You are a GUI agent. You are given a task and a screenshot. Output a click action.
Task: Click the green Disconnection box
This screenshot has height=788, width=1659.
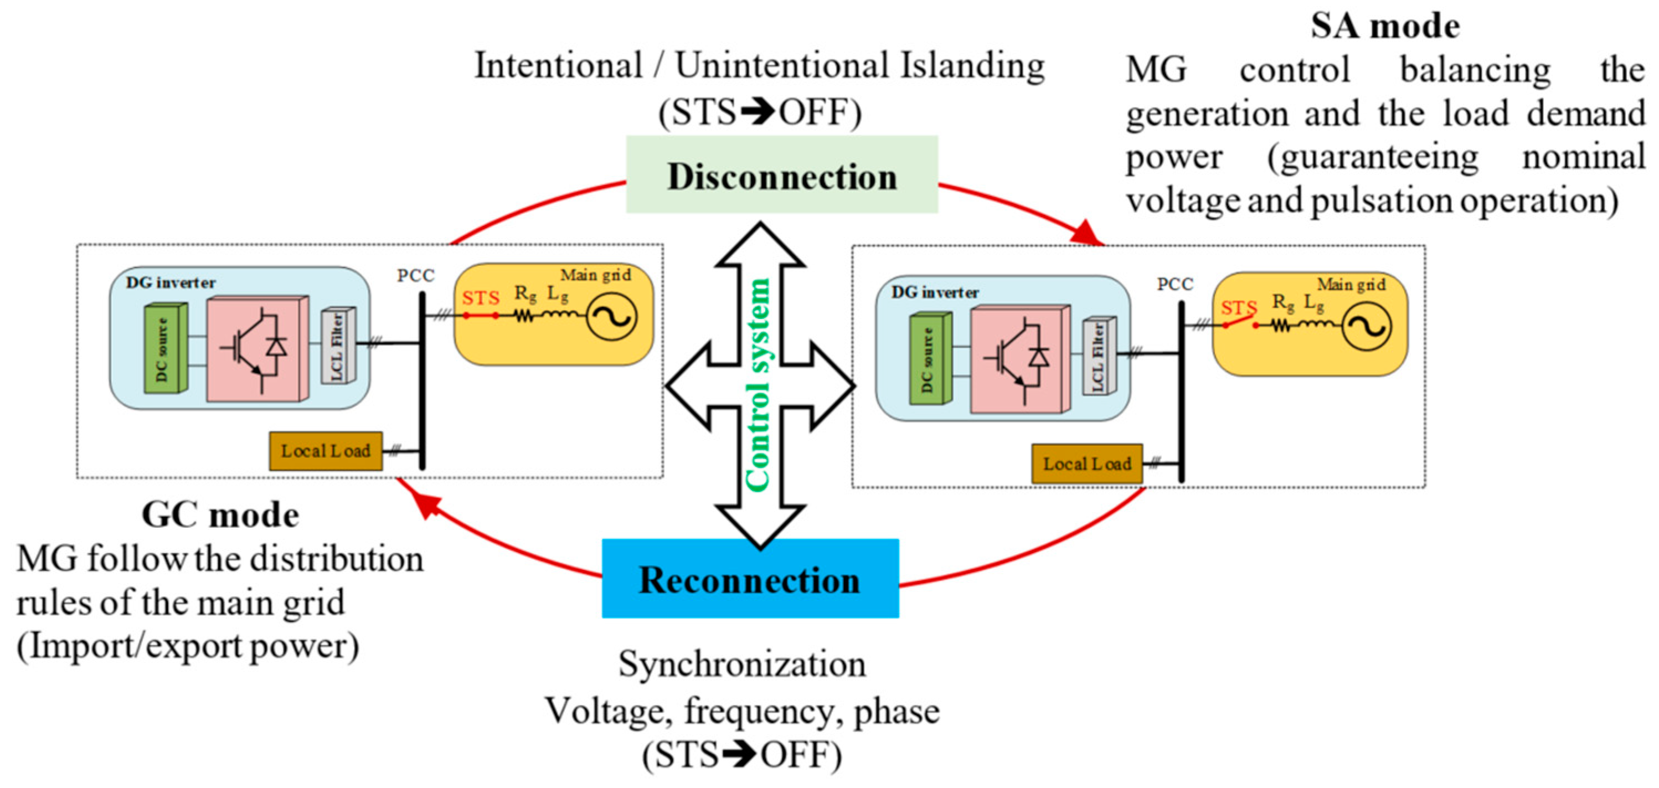(781, 174)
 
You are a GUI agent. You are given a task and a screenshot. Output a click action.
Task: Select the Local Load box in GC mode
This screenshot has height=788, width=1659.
(325, 451)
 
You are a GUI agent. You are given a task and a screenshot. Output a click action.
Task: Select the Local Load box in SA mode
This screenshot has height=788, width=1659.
(1086, 463)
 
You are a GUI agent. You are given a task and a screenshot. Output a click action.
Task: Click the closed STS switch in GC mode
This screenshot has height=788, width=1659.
(481, 315)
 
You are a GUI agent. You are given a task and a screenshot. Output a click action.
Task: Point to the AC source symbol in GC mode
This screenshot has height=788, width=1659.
(611, 316)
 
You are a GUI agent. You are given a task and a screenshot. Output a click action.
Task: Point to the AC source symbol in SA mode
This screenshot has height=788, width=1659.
(1367, 326)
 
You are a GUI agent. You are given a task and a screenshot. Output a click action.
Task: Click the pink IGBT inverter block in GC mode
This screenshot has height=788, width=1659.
(257, 348)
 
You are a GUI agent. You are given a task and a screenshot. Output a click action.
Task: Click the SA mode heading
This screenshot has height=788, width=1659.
(1385, 27)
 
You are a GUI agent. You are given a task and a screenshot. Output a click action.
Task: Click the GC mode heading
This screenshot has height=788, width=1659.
(220, 515)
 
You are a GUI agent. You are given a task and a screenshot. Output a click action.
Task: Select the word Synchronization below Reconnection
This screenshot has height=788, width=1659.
(742, 665)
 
